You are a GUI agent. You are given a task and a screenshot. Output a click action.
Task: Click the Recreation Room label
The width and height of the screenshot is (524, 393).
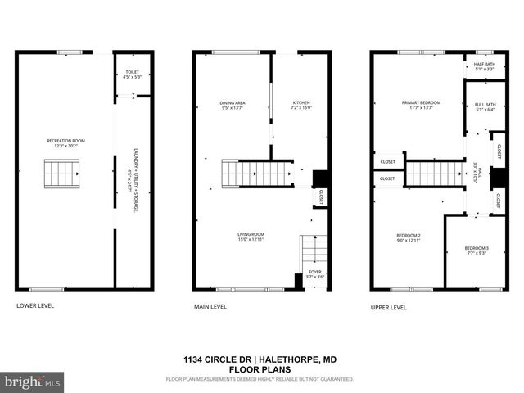coord(65,143)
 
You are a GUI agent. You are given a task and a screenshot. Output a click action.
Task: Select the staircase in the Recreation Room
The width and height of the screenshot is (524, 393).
coord(63,174)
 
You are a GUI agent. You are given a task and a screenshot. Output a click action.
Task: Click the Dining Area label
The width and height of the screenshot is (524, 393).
coord(233,105)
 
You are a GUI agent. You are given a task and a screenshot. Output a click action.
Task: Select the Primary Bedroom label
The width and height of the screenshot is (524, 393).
coord(421,105)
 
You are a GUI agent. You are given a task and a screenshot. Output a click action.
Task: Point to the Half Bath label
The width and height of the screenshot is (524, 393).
coord(485,67)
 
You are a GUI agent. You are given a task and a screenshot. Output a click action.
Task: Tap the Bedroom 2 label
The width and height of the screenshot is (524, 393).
coord(409,238)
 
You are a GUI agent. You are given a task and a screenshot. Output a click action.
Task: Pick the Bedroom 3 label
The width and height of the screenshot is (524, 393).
coord(476,251)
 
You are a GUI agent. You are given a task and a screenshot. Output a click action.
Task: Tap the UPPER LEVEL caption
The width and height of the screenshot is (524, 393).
coord(388,307)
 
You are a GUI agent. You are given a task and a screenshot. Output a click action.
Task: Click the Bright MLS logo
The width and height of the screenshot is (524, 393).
coord(33,382)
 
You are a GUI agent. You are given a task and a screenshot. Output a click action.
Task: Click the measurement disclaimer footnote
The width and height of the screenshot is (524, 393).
coord(260,379)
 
